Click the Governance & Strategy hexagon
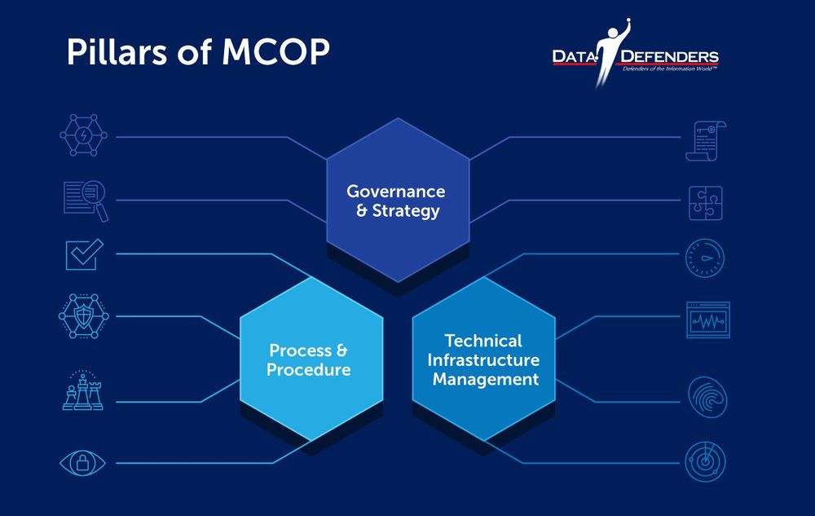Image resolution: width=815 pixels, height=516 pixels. (399, 200)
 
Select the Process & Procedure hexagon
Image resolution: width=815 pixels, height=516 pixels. (311, 359)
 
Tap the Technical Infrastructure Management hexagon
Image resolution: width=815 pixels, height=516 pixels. (484, 359)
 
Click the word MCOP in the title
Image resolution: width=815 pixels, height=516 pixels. (276, 51)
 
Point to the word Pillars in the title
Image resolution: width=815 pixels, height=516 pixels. (117, 51)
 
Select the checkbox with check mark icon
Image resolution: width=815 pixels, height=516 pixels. (84, 254)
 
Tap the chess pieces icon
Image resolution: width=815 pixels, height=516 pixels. (83, 390)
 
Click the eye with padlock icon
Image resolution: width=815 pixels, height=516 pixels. (82, 462)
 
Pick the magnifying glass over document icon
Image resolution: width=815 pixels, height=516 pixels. (86, 201)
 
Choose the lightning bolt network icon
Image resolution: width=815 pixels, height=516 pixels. (84, 135)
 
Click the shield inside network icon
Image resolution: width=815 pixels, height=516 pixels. (84, 316)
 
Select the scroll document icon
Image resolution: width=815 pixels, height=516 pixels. (705, 141)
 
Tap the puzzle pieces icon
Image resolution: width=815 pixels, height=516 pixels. (705, 203)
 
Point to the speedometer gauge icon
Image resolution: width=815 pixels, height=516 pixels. (705, 258)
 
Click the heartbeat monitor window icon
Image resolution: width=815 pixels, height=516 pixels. (708, 320)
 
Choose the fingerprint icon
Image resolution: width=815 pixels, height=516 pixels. (707, 397)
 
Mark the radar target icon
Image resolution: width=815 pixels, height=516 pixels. (705, 461)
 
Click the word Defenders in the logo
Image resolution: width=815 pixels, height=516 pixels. (670, 56)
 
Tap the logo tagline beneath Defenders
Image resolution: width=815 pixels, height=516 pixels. (670, 68)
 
